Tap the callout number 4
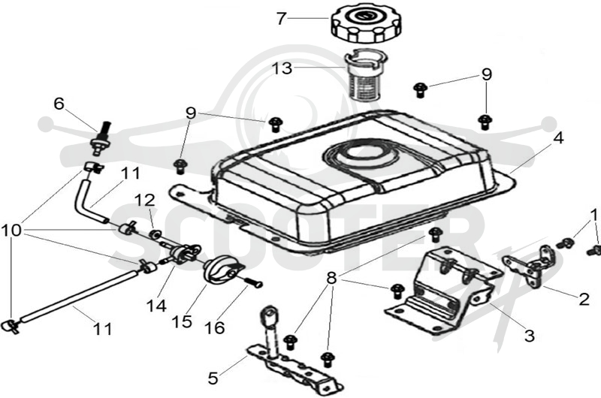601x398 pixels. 559,138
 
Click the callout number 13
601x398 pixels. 282,69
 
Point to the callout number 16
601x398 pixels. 215,328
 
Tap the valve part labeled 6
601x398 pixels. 101,139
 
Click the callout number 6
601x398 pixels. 59,104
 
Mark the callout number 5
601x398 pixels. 213,378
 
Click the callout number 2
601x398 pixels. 584,299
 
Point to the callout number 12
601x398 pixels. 144,200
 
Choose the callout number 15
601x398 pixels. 182,321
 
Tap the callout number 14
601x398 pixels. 156,306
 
